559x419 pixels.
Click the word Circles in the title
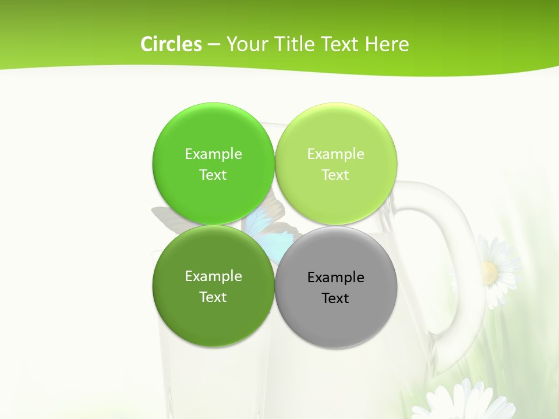171,44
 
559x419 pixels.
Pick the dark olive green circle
213,317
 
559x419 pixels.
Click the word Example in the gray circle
336,278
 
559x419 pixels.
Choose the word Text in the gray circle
336,299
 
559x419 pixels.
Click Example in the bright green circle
213,154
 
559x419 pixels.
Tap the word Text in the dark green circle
213,297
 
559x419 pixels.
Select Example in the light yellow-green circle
336,154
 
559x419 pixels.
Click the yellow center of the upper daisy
490,270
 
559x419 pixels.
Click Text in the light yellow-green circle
336,175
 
